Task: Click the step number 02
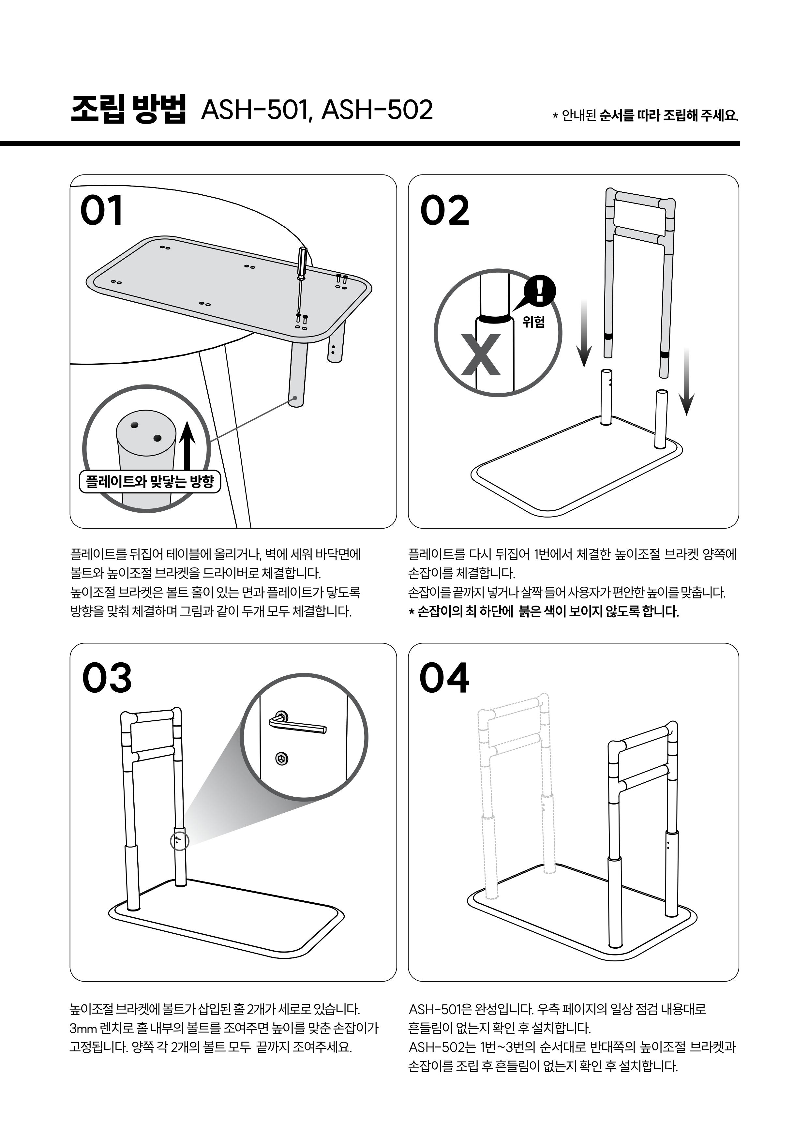pos(444,210)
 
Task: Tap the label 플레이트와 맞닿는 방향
pos(150,481)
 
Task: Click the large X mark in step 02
pos(481,354)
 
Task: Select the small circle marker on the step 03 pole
pos(180,841)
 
